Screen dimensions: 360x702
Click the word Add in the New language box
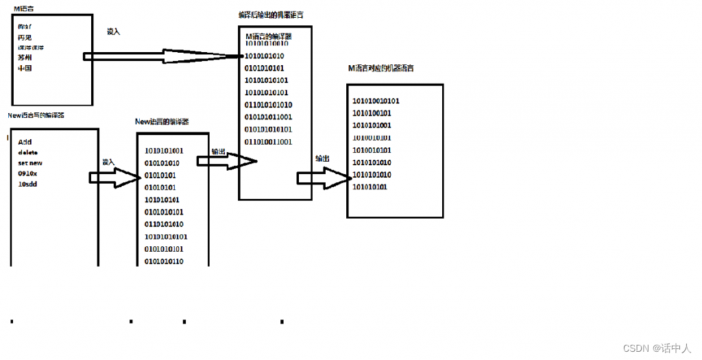click(25, 142)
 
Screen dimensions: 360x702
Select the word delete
click(28, 152)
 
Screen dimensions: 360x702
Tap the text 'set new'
click(30, 163)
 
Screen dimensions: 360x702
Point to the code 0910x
click(28, 173)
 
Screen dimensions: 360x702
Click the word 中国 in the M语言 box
click(25, 69)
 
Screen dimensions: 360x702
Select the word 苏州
click(25, 58)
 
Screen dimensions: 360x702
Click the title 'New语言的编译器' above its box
click(162, 121)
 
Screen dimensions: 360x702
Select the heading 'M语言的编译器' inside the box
click(269, 36)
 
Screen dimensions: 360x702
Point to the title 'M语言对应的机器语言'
click(380, 69)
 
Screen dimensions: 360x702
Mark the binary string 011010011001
click(268, 142)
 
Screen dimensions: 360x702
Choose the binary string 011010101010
click(268, 105)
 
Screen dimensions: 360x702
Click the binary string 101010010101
click(376, 101)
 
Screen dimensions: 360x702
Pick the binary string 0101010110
click(164, 261)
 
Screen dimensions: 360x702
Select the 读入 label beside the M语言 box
click(114, 32)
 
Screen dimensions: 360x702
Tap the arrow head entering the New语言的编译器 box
click(130, 178)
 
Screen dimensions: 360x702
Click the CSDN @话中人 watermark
click(657, 348)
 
